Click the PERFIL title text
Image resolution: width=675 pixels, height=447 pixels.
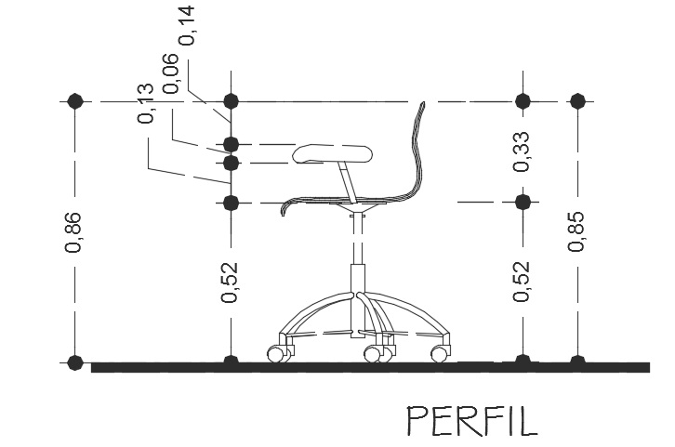(472, 421)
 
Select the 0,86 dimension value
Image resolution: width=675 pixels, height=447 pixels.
(73, 232)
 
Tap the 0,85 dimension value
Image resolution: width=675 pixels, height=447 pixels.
(576, 231)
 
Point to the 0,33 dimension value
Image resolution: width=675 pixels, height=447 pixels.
(522, 151)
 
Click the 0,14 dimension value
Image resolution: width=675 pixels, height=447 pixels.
(187, 25)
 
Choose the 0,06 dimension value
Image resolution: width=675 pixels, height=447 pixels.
(170, 73)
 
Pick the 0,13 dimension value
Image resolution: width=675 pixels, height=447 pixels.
(145, 103)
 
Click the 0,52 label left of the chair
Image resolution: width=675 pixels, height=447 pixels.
(230, 282)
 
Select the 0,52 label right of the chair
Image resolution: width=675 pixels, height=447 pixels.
(522, 281)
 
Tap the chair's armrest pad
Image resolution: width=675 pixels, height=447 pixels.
(332, 154)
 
